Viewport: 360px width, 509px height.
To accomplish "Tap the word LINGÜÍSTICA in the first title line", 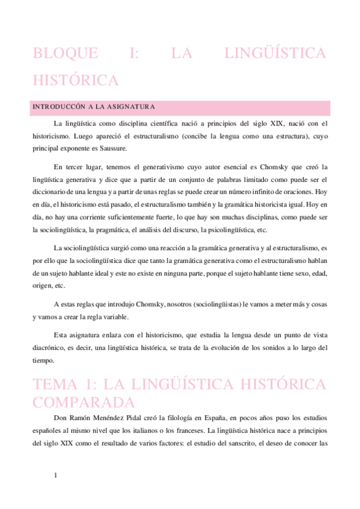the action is click(x=275, y=53).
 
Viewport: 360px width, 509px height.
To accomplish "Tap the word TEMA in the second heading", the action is click(x=58, y=384).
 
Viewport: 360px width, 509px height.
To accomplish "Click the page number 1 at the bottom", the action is click(x=56, y=476).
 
